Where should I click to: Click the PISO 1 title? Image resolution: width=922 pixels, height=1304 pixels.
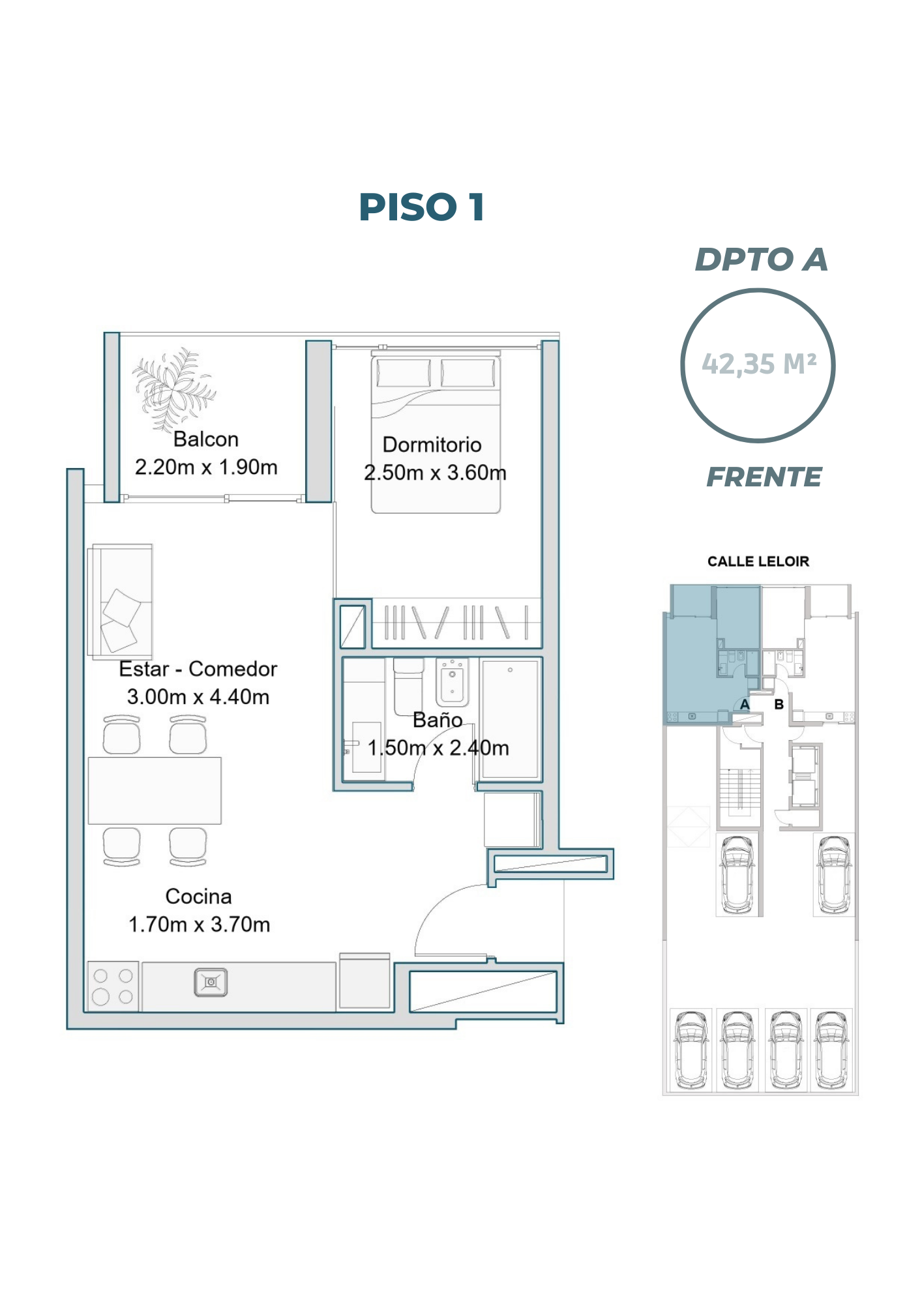tap(421, 207)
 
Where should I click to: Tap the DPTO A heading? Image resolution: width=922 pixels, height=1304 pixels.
tap(761, 259)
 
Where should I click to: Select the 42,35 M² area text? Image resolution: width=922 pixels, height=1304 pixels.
tap(759, 364)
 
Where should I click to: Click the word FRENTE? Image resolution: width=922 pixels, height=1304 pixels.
tap(764, 477)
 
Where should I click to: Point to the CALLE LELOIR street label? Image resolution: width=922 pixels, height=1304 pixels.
tap(758, 561)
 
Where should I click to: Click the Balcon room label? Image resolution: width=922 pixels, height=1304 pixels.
tap(206, 439)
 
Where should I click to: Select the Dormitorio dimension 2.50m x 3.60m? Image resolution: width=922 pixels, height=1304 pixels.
tap(435, 473)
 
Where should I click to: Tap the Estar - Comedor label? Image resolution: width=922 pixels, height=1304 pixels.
tap(198, 669)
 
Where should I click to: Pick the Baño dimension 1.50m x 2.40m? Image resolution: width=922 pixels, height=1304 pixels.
tap(438, 748)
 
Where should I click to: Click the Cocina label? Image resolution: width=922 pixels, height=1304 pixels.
tap(198, 896)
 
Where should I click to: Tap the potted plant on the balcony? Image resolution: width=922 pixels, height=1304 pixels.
tap(174, 388)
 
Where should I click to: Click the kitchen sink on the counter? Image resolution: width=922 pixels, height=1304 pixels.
tap(211, 982)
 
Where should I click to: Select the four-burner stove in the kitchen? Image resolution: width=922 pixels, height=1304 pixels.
tap(113, 986)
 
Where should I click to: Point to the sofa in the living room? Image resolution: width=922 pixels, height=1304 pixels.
tap(121, 600)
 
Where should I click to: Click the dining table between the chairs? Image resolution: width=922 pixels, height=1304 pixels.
tap(155, 790)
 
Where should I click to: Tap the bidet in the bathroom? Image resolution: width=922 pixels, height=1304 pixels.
tap(453, 682)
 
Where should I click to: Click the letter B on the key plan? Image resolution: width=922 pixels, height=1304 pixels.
tap(779, 705)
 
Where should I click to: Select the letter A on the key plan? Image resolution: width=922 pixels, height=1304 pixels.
tap(745, 705)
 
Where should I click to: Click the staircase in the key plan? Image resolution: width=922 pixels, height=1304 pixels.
tap(740, 790)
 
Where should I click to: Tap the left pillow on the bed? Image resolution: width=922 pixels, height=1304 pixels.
tap(403, 373)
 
